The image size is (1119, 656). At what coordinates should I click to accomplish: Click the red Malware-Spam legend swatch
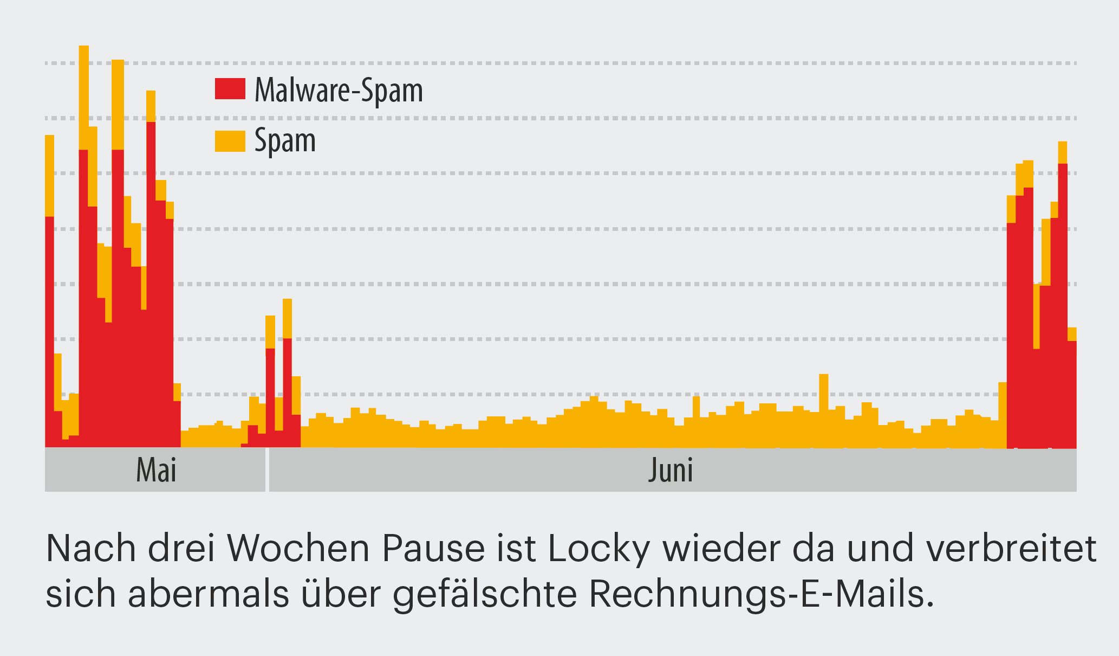[x=230, y=89]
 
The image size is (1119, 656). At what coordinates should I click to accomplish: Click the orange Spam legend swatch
[x=230, y=141]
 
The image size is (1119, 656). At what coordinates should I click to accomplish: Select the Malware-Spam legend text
[x=339, y=90]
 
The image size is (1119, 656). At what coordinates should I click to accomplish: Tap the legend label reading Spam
[x=285, y=140]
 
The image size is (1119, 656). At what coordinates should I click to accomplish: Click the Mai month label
[x=156, y=470]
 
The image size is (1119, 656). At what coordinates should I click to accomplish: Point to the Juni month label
[x=671, y=470]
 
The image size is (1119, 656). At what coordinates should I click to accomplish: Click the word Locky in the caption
[x=598, y=549]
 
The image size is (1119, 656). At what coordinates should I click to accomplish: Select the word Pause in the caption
[x=433, y=549]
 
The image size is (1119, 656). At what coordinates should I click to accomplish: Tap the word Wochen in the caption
[x=300, y=549]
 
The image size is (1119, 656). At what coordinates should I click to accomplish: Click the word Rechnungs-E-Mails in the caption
[x=761, y=594]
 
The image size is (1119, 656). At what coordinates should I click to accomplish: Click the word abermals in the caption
[x=209, y=594]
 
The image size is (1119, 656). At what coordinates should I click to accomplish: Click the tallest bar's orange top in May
[x=84, y=98]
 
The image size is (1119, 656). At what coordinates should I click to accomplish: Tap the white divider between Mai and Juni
[x=267, y=470]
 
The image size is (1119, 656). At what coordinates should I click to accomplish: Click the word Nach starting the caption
[x=91, y=549]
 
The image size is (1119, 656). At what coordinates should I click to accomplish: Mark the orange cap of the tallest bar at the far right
[x=1062, y=152]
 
